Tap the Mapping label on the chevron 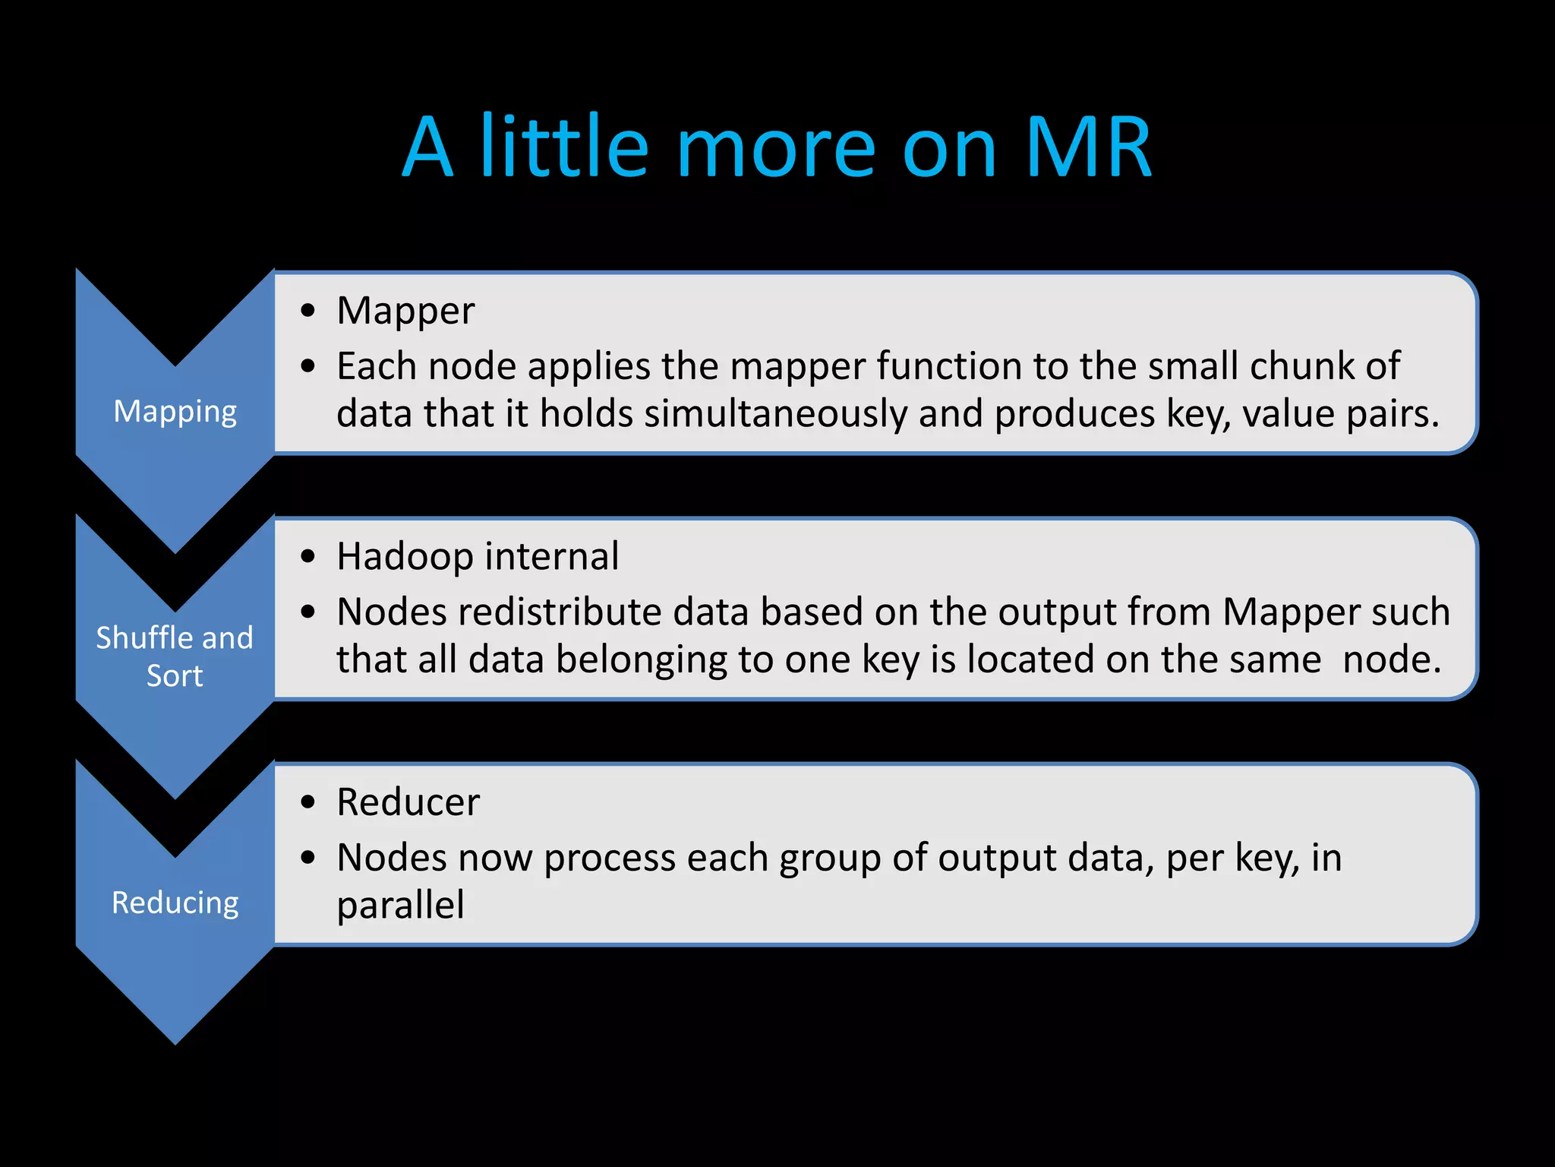click(175, 412)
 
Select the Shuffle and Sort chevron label click(175, 656)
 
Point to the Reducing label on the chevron click(175, 903)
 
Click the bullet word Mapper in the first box click(405, 311)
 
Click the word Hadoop click(405, 556)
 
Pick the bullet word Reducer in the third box click(408, 802)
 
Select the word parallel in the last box click(400, 906)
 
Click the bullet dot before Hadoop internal click(308, 557)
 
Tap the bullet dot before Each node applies click(308, 367)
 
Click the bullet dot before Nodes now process click(308, 859)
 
